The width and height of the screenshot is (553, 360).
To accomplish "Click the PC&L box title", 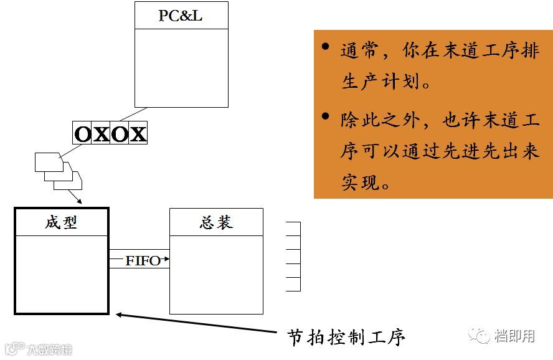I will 181,16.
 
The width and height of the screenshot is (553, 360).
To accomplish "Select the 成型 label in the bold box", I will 61,222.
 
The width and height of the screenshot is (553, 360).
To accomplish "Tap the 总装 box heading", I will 216,222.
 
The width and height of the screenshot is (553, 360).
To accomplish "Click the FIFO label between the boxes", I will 143,261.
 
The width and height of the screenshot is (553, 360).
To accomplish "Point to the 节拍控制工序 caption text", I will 346,337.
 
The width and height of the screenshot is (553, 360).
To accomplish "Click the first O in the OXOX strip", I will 82,134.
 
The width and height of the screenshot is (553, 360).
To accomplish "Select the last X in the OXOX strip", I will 138,134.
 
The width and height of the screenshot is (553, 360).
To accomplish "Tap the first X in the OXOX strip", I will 101,134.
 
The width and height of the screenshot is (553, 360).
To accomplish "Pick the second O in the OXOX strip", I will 120,134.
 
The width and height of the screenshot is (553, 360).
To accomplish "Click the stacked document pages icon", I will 58,171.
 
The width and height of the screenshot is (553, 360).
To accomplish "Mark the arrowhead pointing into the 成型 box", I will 79,201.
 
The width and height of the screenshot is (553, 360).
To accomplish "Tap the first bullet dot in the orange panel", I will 325,47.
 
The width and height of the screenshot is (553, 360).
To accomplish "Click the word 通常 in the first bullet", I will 359,50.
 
